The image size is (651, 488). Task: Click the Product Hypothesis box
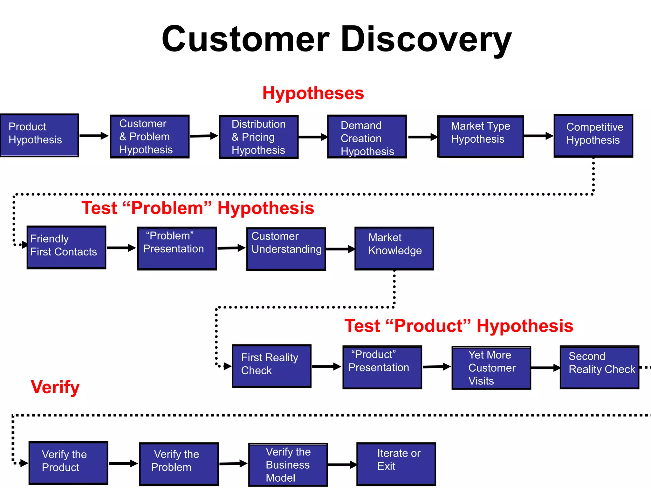coord(39,135)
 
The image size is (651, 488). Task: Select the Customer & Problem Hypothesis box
coord(149,137)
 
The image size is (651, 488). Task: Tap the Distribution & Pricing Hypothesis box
coord(258,137)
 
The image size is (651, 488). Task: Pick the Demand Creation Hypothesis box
coord(367,137)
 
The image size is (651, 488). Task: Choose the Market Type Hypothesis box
coord(480,136)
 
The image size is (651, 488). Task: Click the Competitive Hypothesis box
coord(593,136)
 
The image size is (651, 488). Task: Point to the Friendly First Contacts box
coord(66,247)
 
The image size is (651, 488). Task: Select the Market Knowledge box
coord(394,248)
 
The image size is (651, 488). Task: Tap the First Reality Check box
coord(271,366)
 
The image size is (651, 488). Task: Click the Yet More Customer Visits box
coord(491,368)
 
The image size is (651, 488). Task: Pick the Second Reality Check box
coord(599,367)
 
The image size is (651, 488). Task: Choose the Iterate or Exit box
coord(396,464)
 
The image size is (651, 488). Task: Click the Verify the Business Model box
coord(288,464)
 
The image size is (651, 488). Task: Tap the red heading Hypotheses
coord(313,93)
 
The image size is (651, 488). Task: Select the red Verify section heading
coord(55,387)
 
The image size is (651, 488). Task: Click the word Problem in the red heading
coord(167,208)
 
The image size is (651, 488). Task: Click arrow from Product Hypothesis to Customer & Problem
coord(94,136)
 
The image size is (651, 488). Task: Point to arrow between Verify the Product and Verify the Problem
coord(123,464)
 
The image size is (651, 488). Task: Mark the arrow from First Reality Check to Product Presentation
coord(326,366)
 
